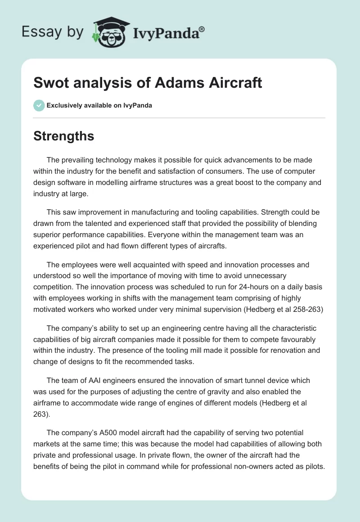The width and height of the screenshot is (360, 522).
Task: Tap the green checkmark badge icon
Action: click(39, 105)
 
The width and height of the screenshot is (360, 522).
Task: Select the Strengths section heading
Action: click(64, 136)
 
